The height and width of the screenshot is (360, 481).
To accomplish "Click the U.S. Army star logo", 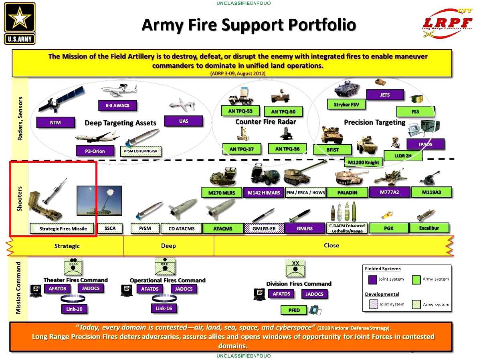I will coord(20,23).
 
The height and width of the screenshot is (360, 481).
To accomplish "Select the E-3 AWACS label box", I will coord(117,105).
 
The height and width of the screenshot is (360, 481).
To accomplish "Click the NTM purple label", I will coord(56,122).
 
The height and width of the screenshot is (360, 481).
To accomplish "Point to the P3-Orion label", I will coord(95,151).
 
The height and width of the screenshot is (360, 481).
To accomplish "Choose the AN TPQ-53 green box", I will coord(240,111).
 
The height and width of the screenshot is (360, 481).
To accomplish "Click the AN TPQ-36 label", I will coord(287,149).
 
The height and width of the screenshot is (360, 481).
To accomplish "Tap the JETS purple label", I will coord(384,95).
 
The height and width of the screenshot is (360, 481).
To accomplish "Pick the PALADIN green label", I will coord(347,192).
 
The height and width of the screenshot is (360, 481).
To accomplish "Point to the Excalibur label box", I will coord(429,228).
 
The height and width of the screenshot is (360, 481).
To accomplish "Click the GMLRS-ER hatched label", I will coord(264,229).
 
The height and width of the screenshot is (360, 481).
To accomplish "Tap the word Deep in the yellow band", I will coord(168,245).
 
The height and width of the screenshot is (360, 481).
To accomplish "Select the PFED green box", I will coord(294,310).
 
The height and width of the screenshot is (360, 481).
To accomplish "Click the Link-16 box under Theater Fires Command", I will coord(75,309).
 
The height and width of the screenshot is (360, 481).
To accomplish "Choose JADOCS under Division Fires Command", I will coord(314,294).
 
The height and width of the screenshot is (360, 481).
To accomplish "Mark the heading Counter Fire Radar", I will coord(265,122).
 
